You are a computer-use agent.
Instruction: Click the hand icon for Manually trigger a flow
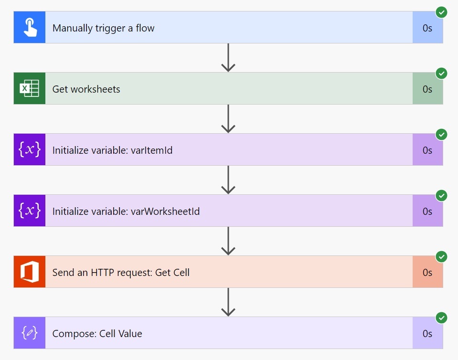coord(30,28)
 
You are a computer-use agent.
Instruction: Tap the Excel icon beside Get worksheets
coord(30,89)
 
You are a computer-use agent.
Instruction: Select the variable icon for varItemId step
coord(30,150)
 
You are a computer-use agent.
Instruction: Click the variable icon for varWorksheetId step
coord(30,211)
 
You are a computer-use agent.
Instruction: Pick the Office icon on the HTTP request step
coord(30,272)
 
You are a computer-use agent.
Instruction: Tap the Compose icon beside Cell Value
coord(30,333)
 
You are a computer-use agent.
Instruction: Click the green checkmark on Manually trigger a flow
coord(442,12)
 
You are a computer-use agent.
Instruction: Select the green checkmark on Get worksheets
coord(442,74)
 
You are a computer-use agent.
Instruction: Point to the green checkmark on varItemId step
coord(442,135)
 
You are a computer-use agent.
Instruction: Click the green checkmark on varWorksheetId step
coord(442,196)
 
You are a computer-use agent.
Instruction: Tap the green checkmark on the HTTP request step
coord(442,257)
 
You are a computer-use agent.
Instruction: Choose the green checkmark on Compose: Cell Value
coord(442,318)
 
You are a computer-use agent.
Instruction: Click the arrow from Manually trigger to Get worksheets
coord(228,58)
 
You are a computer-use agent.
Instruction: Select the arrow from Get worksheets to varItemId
coord(228,119)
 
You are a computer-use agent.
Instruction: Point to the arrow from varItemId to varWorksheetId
coord(228,180)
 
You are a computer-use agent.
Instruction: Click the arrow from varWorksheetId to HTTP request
coord(228,241)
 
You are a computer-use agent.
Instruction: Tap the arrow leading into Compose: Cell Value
coord(228,302)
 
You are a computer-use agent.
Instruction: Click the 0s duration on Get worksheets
coord(427,89)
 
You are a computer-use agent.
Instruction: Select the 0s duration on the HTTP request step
coord(427,273)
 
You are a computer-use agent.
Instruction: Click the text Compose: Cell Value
coord(97,334)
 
